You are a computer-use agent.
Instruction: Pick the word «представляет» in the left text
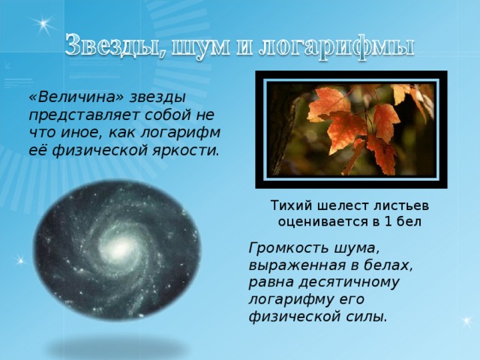[x=74, y=115]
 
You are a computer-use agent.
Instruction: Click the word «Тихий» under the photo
[x=288, y=205]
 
